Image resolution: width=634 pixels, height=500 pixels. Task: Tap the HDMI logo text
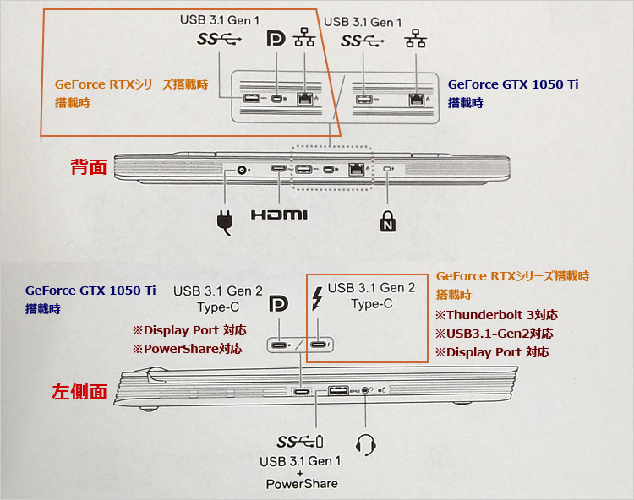click(x=279, y=215)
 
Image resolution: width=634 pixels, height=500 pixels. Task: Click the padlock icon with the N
click(x=385, y=220)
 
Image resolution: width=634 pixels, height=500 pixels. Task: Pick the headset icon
click(x=366, y=445)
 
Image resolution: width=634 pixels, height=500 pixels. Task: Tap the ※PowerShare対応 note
click(x=185, y=348)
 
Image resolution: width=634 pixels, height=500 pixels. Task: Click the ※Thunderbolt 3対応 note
click(x=496, y=315)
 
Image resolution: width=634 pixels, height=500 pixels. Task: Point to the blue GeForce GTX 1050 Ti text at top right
click(x=513, y=84)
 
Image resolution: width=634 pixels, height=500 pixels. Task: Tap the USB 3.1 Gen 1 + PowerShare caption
click(x=302, y=472)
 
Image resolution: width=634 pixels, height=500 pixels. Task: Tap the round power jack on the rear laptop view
click(x=244, y=170)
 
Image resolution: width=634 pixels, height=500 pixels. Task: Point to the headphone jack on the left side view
click(x=365, y=390)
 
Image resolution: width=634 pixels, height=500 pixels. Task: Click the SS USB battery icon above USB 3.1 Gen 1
click(x=301, y=443)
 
